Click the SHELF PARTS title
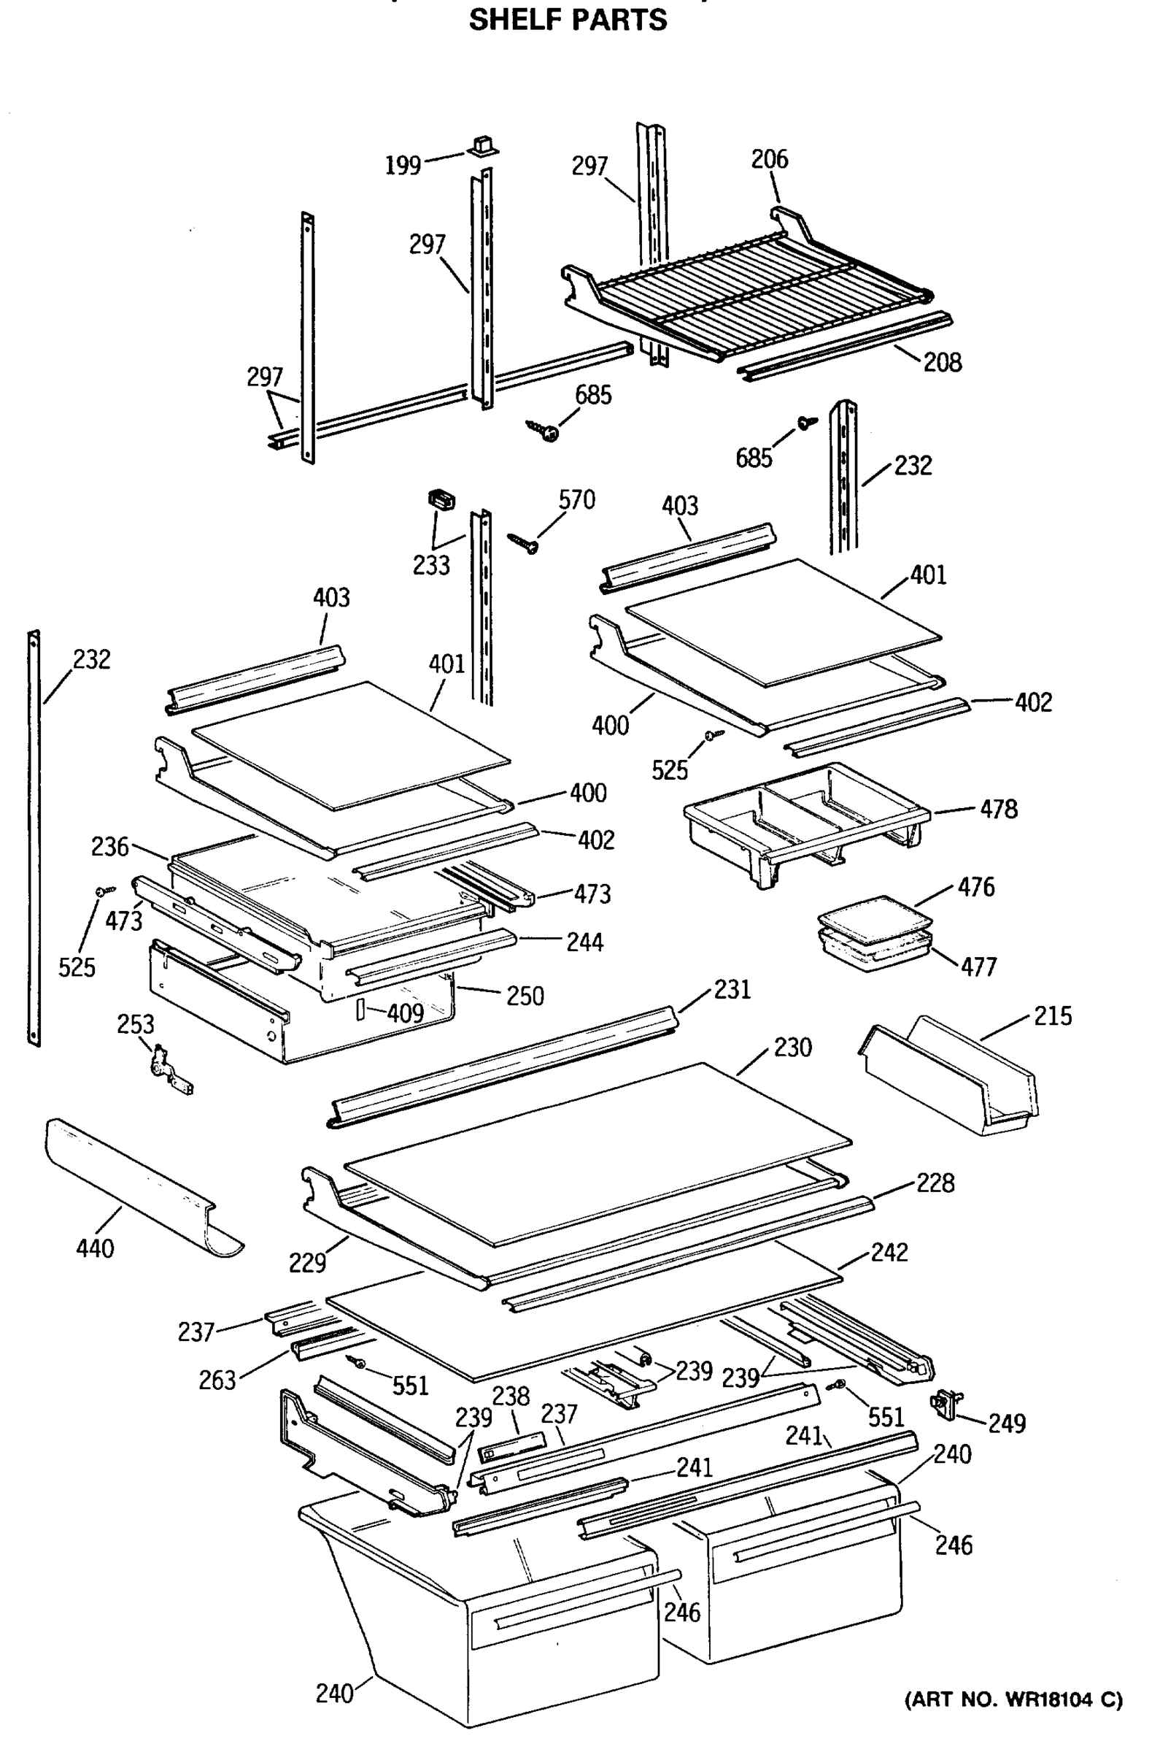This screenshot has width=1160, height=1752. tap(568, 20)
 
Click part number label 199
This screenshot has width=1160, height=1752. tap(403, 165)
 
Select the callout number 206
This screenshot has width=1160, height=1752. tap(770, 159)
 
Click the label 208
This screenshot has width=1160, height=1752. tap(942, 362)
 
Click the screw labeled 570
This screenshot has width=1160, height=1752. tap(525, 543)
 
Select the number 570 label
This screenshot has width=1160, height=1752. tap(576, 500)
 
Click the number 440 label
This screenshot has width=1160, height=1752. tap(95, 1249)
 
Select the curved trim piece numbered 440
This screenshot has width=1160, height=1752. tap(141, 1184)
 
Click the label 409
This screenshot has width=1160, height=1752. tap(405, 1013)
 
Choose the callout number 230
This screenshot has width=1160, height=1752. tap(792, 1048)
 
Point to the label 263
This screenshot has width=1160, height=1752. tap(217, 1380)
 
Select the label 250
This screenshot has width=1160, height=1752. tap(525, 996)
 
